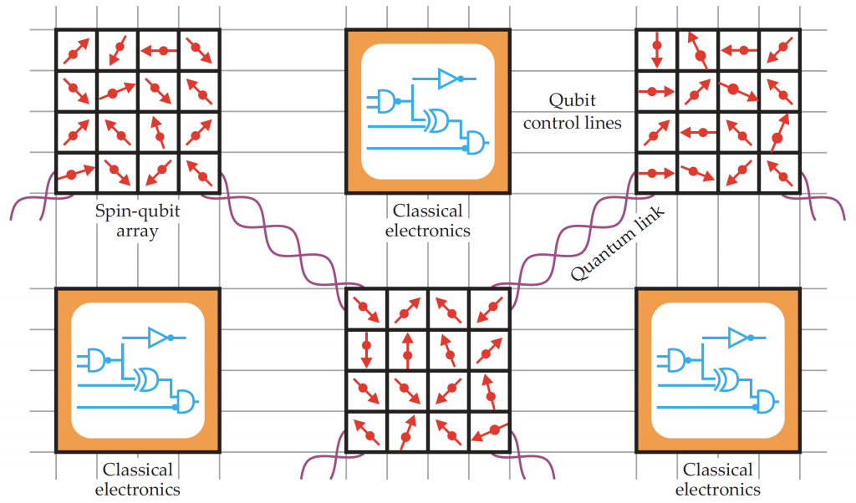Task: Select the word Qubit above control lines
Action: coord(572,101)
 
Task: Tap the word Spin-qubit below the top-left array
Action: coord(137,211)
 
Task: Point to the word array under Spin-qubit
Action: coord(137,231)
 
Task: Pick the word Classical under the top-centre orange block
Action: coord(428,211)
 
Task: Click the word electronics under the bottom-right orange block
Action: coord(717,490)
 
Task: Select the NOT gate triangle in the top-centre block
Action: coord(448,79)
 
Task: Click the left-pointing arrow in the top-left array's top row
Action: coord(157,51)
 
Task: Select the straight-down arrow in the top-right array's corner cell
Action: coord(657,51)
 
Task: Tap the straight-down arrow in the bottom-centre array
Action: coord(366,349)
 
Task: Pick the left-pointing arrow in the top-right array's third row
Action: coord(697,132)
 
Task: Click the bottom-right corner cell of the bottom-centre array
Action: coord(489,432)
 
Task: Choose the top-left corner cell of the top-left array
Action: coord(76,51)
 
